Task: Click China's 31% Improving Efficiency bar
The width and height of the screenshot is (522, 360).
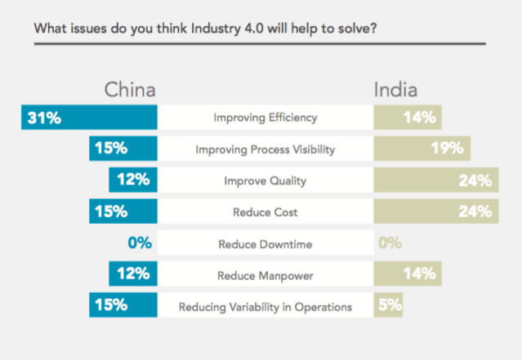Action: (x=88, y=118)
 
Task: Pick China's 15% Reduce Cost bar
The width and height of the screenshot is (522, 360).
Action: (x=123, y=211)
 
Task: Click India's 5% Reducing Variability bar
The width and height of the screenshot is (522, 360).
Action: (x=388, y=306)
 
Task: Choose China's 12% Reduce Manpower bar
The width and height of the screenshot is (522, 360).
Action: (x=132, y=274)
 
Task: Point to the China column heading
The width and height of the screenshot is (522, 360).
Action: (x=129, y=89)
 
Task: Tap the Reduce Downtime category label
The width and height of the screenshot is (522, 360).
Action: (x=265, y=243)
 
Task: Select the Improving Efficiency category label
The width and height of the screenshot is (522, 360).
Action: (x=265, y=118)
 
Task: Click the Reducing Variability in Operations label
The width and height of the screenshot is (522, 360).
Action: (x=265, y=307)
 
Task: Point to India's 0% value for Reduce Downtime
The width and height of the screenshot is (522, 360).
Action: (x=390, y=243)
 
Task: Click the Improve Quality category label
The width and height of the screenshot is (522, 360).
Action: (x=265, y=180)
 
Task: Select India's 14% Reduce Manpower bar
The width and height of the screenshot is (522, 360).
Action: (x=408, y=274)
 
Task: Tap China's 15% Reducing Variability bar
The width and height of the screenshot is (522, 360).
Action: (x=123, y=306)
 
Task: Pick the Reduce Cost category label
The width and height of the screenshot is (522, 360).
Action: (x=265, y=212)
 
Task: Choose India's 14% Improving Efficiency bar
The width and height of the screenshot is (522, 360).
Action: (x=408, y=118)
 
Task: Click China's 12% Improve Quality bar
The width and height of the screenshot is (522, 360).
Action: (x=132, y=180)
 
